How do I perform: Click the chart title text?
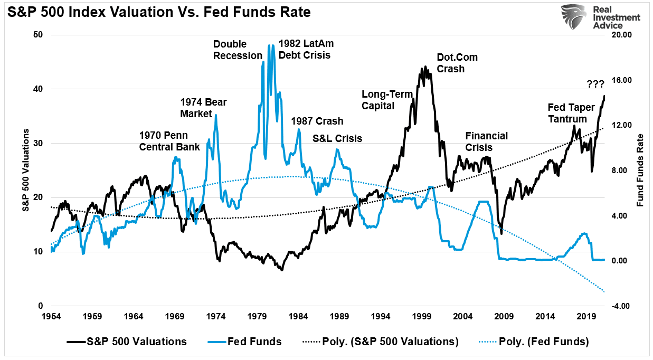coord(159,12)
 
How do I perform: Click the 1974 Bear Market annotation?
coord(204,108)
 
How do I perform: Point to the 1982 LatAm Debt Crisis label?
coord(306,49)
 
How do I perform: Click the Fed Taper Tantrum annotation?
coord(571,113)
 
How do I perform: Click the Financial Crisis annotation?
coord(486,141)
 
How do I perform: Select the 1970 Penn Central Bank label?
coord(169,141)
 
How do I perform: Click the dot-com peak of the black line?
coord(425,68)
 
